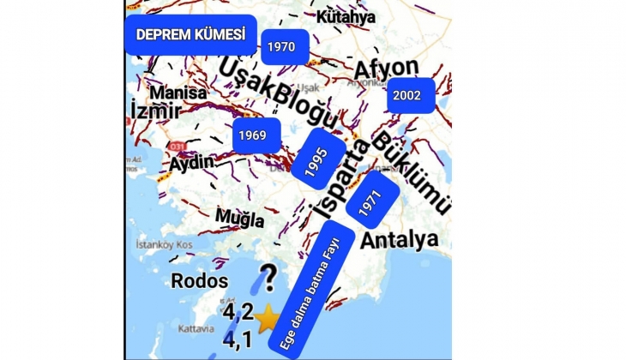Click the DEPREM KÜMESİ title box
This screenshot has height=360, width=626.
pyautogui.click(x=190, y=34)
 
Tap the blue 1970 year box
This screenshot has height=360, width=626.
pyautogui.click(x=280, y=47)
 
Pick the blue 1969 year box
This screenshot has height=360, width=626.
pyautogui.click(x=252, y=135)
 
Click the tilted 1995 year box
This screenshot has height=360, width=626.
pyautogui.click(x=318, y=156)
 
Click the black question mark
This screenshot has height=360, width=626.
pyautogui.click(x=268, y=278)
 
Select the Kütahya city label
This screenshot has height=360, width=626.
pyautogui.click(x=346, y=17)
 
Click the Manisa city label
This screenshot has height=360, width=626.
pyautogui.click(x=178, y=93)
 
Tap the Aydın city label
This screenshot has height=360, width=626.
pyautogui.click(x=191, y=163)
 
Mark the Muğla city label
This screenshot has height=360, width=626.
pyautogui.click(x=239, y=219)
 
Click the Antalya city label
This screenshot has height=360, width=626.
pyautogui.click(x=399, y=239)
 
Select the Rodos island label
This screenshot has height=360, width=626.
pyautogui.click(x=200, y=280)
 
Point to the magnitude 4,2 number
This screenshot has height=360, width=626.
pyautogui.click(x=238, y=314)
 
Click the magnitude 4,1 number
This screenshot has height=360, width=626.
pyautogui.click(x=238, y=341)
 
